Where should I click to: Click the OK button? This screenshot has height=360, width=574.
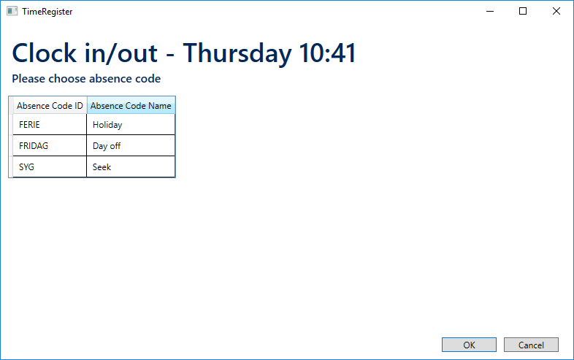(469, 345)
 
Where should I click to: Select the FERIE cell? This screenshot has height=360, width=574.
(50, 125)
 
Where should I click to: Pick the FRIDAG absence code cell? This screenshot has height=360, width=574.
(50, 146)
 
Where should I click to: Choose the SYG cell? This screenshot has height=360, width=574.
(50, 167)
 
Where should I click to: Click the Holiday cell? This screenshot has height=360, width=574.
(131, 125)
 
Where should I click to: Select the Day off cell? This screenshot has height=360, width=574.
(131, 146)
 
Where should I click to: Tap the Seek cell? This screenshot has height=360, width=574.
(131, 167)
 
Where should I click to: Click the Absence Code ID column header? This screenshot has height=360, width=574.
(50, 105)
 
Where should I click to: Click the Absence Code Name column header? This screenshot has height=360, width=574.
(131, 105)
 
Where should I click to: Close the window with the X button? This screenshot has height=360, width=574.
(556, 12)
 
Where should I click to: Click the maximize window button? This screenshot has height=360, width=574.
(523, 12)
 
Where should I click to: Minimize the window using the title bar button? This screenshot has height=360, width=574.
(490, 12)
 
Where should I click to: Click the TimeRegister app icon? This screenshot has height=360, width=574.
(12, 12)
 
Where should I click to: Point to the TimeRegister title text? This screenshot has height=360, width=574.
(47, 12)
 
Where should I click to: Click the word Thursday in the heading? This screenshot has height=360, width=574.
(237, 53)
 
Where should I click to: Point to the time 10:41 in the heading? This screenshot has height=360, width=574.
(327, 53)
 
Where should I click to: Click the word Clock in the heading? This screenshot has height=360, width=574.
(45, 53)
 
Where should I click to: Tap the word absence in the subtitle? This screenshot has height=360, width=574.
(106, 78)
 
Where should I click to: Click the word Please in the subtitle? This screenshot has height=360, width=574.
(28, 78)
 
